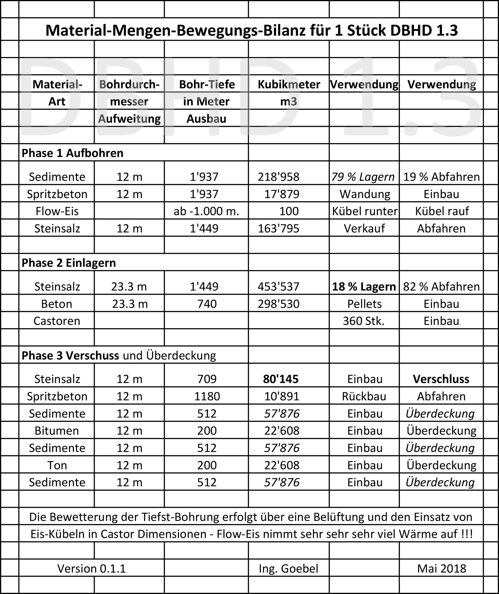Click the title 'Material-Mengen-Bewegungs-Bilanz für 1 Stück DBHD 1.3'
(251, 30)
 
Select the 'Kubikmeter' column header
(289, 84)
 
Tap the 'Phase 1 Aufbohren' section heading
(72, 153)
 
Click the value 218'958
(279, 177)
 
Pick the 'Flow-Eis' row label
(57, 211)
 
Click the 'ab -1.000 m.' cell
(206, 211)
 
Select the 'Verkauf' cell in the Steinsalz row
(364, 229)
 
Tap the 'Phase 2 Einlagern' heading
(69, 263)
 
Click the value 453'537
(279, 286)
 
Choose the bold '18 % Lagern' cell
(364, 286)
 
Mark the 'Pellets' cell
(364, 304)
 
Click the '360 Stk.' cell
(363, 321)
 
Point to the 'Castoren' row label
(57, 321)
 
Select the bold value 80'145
(281, 379)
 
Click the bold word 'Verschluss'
(441, 379)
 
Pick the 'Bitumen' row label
(57, 431)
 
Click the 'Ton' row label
(57, 465)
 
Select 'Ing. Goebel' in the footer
(288, 568)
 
